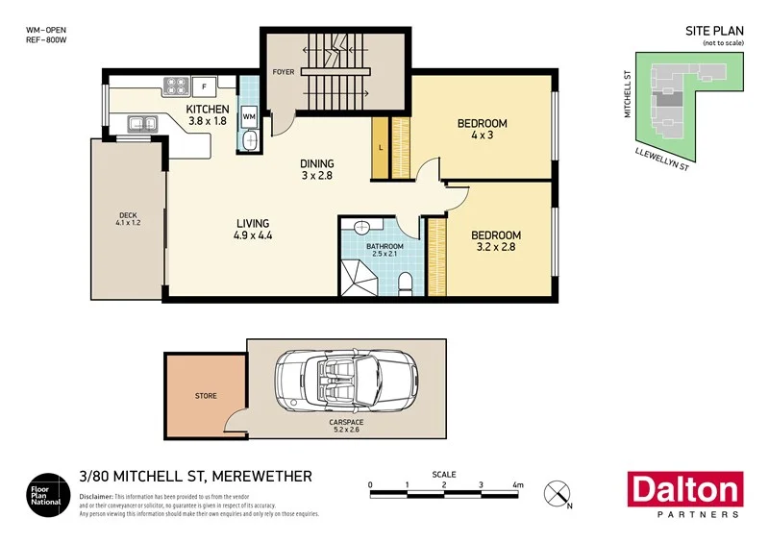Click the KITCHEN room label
coord(207,110)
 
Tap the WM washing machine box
coord(249,116)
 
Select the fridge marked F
coord(204,86)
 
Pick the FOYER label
coord(284,71)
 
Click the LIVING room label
coord(253,224)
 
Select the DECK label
coord(128,216)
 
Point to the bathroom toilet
coord(406,282)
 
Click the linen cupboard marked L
coord(381,146)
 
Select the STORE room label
coord(206,395)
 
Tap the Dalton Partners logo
coord(683,494)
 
